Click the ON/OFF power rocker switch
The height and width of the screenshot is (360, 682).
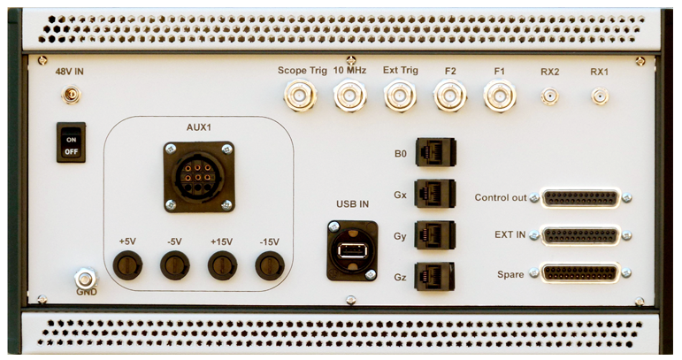pyautogui.click(x=71, y=142)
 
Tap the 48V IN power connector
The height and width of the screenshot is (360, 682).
pyautogui.click(x=71, y=95)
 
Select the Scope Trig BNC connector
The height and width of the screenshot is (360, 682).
pyautogui.click(x=300, y=96)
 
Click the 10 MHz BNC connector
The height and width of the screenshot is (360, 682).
pyautogui.click(x=350, y=96)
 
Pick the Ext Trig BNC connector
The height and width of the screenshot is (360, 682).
pyautogui.click(x=400, y=96)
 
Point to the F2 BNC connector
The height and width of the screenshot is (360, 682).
pyautogui.click(x=450, y=96)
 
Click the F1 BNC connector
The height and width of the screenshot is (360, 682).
pyautogui.click(x=500, y=96)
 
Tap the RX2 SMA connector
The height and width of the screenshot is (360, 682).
pyautogui.click(x=550, y=96)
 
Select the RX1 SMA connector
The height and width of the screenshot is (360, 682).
pyautogui.click(x=600, y=96)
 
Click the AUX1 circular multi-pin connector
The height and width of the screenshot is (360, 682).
pyautogui.click(x=199, y=177)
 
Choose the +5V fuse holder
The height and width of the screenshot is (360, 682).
pyautogui.click(x=127, y=265)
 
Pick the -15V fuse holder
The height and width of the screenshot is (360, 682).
pyautogui.click(x=270, y=265)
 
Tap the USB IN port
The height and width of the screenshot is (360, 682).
pyautogui.click(x=352, y=250)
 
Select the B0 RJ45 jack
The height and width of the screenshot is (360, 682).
pyautogui.click(x=435, y=152)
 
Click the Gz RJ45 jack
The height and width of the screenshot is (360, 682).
pyautogui.click(x=435, y=276)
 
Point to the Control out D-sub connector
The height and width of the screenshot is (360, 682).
pyautogui.click(x=580, y=198)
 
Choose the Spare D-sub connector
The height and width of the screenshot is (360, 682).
pyautogui.click(x=580, y=273)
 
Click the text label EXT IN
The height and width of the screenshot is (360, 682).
pyautogui.click(x=510, y=234)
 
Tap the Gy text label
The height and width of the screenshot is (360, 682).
pyautogui.click(x=400, y=236)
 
